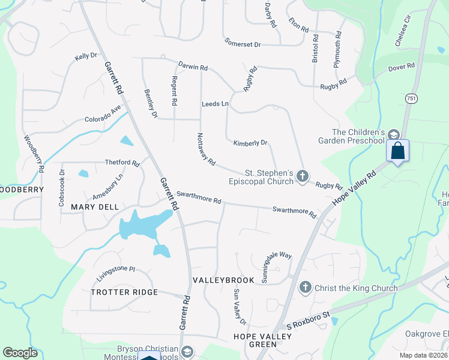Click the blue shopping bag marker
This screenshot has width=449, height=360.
pos(397,150)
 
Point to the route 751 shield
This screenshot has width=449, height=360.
pos(411,98)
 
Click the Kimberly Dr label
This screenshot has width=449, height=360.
pos(250,143)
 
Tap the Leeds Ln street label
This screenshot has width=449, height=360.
pos(215,104)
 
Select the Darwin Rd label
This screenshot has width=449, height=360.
pos(193,66)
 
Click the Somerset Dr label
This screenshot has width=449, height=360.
pos(243,44)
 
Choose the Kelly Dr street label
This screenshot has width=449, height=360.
pos(86,56)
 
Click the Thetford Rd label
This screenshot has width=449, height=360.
pos(122,163)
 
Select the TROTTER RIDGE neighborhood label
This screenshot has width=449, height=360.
pos(124,292)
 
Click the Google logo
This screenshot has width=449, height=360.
pos(20,353)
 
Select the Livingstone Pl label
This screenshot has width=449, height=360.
pos(116,274)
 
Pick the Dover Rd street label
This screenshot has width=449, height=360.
pos(402,68)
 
